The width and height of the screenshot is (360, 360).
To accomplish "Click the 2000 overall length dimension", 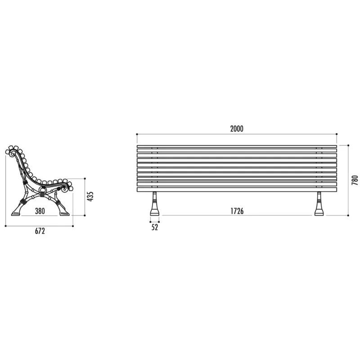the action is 237,129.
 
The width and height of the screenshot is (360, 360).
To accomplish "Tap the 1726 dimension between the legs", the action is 237,211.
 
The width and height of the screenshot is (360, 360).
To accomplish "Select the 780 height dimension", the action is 355,180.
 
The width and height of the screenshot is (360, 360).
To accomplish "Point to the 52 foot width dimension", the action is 155,227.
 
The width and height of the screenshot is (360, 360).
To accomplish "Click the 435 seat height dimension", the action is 90,197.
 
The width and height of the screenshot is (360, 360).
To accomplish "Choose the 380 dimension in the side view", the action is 40,211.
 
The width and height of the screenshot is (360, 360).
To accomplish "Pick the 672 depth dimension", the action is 40,231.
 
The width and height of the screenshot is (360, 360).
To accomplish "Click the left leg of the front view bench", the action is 155,204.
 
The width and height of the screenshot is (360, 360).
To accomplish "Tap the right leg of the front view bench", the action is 319,204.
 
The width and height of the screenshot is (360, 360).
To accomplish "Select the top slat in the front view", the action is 237,146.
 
